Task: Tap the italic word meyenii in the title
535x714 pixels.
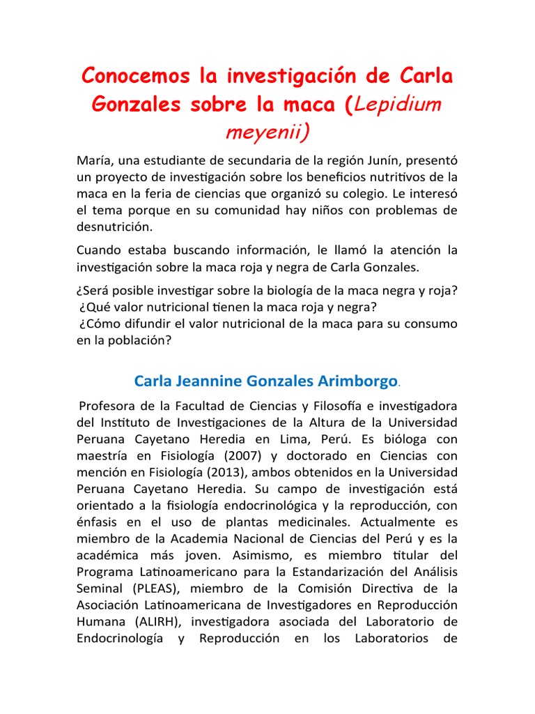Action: pos(267,131)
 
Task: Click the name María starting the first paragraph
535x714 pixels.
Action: pos(94,160)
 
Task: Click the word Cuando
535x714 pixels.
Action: pos(100,250)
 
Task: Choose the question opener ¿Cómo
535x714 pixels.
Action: pos(100,324)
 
